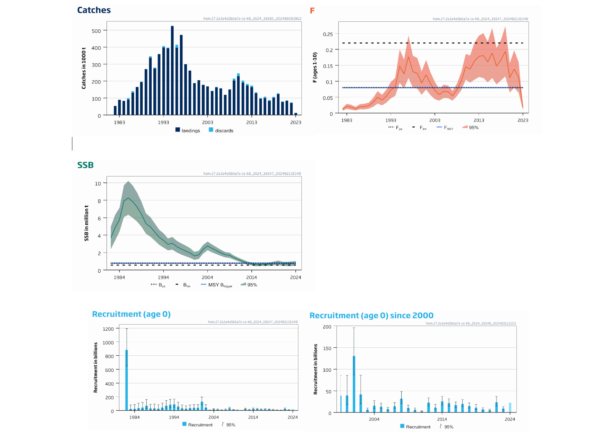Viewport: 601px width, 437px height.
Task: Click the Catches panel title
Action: click(94, 10)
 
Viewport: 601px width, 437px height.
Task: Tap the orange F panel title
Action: click(312, 11)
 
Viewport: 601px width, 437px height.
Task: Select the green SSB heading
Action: click(86, 165)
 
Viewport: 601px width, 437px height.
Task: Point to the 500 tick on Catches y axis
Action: click(96, 31)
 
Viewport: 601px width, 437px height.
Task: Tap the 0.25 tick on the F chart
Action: click(328, 34)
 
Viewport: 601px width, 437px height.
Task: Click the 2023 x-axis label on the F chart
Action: click(522, 120)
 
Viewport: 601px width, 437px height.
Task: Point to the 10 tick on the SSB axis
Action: click(98, 183)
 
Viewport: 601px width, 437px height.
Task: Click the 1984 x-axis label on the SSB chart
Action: click(119, 277)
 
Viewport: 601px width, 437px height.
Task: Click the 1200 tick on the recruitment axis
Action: click(108, 329)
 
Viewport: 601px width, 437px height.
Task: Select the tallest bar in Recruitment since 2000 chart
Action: click(354, 384)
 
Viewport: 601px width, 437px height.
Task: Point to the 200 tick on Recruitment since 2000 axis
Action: click(327, 327)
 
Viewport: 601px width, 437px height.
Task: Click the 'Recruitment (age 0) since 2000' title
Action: click(371, 316)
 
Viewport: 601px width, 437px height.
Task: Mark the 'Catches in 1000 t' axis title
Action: click(84, 68)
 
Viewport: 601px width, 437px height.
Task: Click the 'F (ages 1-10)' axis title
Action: click(315, 67)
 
